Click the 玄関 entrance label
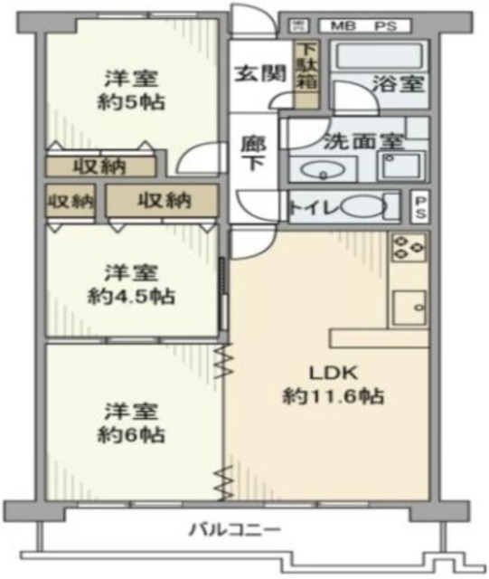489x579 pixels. [x=256, y=73]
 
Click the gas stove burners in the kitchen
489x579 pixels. [x=409, y=247]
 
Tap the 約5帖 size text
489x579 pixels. [x=130, y=101]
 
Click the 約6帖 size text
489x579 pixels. [x=130, y=434]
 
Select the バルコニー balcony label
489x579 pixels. [x=235, y=529]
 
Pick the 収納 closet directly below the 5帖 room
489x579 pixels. [x=100, y=166]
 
